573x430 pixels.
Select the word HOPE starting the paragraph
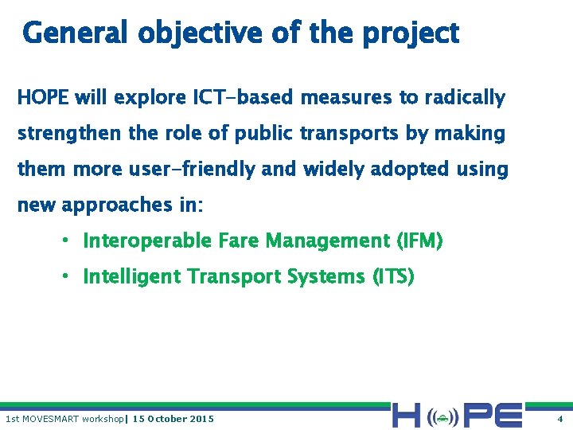click(44, 98)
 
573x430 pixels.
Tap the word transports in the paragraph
click(349, 134)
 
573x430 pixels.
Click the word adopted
click(403, 170)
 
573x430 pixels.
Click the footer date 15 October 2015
click(173, 419)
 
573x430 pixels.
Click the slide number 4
click(559, 419)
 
